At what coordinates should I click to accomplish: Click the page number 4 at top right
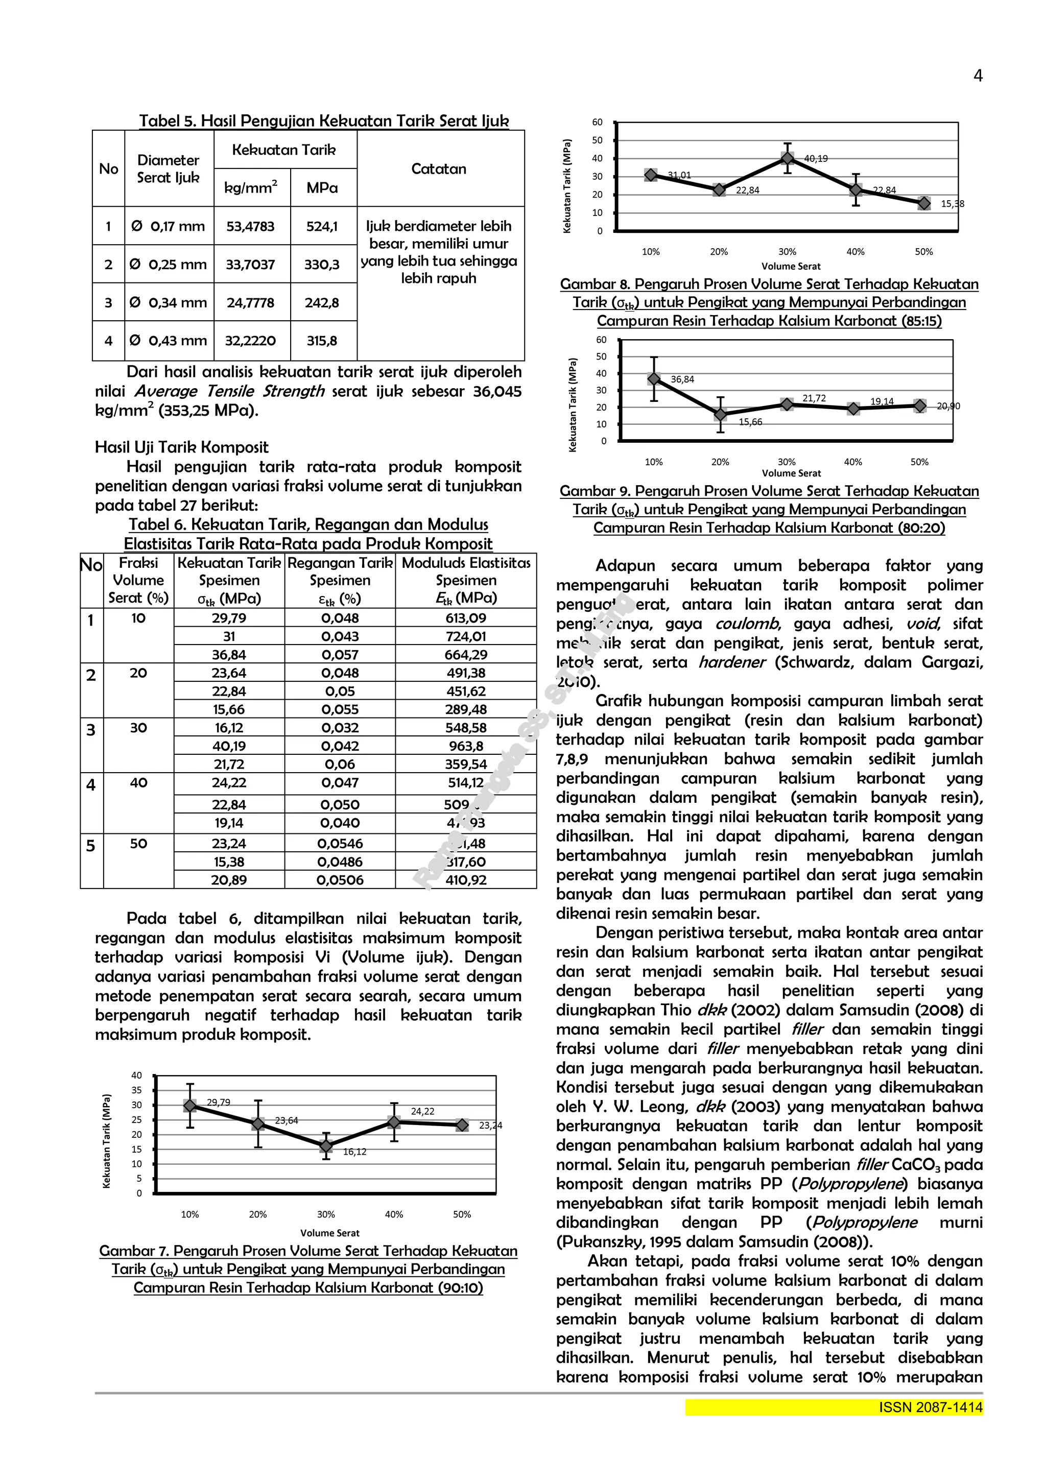tap(977, 76)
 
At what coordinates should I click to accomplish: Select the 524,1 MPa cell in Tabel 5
tap(322, 226)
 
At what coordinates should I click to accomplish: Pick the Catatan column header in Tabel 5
tap(438, 169)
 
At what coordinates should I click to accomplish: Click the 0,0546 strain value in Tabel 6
tap(340, 843)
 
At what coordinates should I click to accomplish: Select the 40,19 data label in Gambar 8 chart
tap(816, 158)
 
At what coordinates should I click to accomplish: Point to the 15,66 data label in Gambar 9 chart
tap(750, 422)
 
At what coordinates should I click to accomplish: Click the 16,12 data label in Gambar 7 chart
tap(354, 1152)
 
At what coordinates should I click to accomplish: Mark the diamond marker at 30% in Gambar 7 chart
tap(326, 1146)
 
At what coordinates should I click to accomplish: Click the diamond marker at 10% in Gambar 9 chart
tap(654, 379)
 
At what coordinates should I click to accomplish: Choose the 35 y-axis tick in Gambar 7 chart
tap(137, 1091)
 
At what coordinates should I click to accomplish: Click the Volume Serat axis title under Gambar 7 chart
tap(329, 1233)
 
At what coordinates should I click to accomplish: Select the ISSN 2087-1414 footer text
tap(931, 1408)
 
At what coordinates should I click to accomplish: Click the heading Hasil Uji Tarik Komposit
tap(182, 447)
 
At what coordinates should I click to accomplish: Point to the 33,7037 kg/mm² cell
tap(250, 265)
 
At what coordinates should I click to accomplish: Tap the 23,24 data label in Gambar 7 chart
tap(490, 1126)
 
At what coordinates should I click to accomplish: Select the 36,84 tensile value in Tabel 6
tap(229, 654)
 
